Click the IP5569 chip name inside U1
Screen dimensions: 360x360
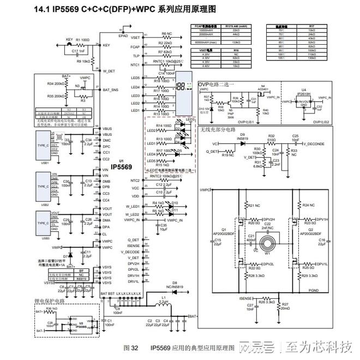pos(122,166)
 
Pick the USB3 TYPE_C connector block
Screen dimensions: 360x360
pos(43,223)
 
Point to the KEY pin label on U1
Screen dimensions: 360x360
pos(106,45)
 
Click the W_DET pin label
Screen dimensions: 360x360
pos(109,71)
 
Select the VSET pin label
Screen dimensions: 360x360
pos(136,37)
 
